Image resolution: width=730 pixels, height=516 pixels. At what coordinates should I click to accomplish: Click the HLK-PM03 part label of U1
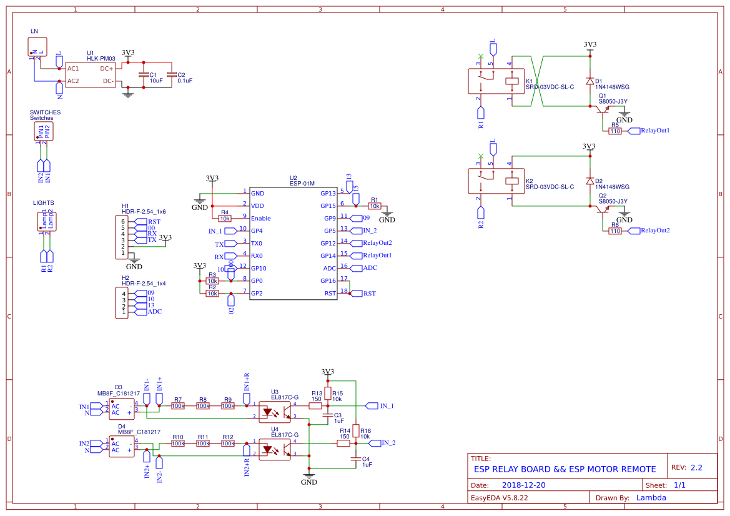coord(101,58)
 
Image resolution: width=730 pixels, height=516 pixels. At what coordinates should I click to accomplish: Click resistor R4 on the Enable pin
coord(225,219)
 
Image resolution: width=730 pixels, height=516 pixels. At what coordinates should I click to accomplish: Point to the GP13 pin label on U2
coord(328,194)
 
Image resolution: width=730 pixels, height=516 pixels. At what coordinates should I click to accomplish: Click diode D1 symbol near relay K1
coord(589,81)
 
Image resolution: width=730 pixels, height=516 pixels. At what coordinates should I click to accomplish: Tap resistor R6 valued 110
coord(615,231)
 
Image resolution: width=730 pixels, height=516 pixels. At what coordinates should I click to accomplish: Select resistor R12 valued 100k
coord(228,444)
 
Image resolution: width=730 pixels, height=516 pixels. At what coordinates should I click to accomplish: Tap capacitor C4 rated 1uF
coord(356,459)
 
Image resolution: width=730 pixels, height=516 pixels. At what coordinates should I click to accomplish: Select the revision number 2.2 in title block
coord(696,467)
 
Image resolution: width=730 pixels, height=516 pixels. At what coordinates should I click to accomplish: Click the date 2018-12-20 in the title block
coord(523,485)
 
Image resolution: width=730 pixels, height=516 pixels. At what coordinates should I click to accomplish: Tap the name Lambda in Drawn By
coord(651,498)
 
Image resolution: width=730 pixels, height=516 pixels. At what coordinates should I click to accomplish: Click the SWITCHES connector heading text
coord(45,112)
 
